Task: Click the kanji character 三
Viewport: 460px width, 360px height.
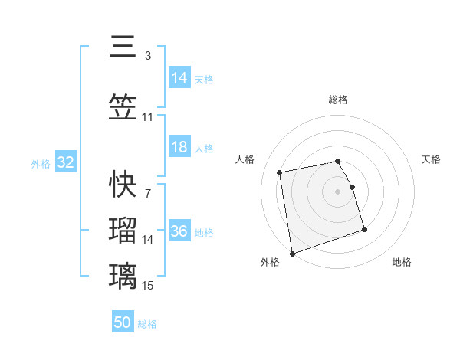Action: tap(123, 47)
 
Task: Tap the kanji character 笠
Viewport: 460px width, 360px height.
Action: tap(123, 109)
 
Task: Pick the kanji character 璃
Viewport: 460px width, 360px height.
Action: tap(123, 276)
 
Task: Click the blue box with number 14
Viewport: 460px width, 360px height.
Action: tap(179, 77)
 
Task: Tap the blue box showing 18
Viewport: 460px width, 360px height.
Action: tap(179, 147)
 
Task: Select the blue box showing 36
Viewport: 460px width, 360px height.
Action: tap(179, 231)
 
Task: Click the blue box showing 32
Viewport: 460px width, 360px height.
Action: tap(65, 162)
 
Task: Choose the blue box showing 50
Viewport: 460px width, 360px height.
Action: tap(123, 322)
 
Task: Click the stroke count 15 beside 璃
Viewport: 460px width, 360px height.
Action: tap(148, 286)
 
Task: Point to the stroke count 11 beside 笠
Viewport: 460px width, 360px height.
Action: tap(148, 117)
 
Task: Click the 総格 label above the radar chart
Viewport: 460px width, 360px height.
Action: tap(337, 100)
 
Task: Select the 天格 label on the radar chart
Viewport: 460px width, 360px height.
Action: tap(432, 159)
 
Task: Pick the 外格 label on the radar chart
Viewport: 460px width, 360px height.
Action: tap(270, 262)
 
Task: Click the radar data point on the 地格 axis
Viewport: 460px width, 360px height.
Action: tap(364, 229)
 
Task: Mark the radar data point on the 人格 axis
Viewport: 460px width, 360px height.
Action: tap(280, 172)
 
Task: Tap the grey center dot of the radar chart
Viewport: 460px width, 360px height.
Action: tap(337, 191)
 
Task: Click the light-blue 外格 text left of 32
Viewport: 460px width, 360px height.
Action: tap(41, 163)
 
